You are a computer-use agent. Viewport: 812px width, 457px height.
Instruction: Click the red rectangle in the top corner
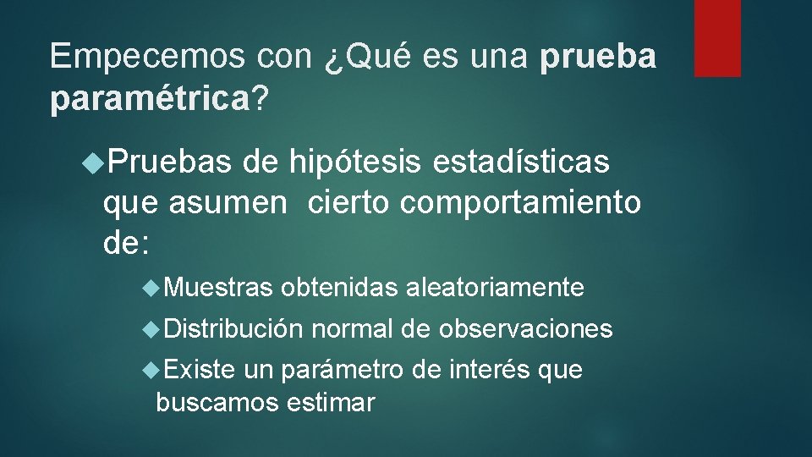click(717, 38)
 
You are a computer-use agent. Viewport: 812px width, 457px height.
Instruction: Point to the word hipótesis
click(357, 161)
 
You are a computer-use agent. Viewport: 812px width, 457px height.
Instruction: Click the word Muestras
click(219, 289)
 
